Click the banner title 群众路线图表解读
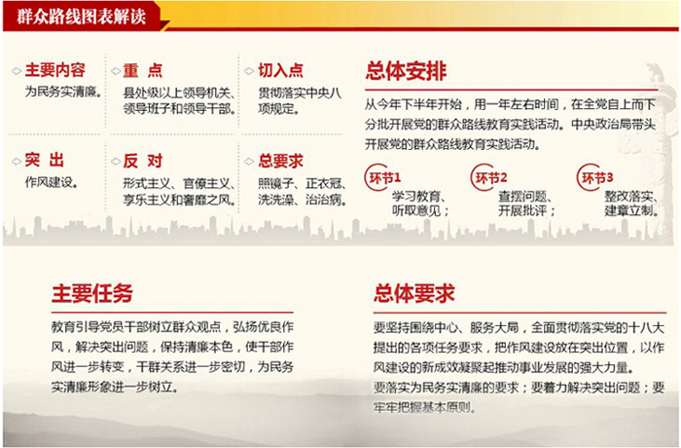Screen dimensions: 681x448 pos(81,17)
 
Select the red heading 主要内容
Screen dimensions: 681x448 pos(55,69)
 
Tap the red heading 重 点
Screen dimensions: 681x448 pos(142,70)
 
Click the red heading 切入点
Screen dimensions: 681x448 pos(281,70)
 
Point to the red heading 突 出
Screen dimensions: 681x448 pos(45,160)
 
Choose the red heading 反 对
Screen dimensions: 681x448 pos(142,161)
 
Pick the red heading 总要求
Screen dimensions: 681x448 pos(281,161)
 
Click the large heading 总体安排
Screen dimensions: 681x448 pos(406,71)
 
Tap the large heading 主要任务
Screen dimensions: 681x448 pos(92,293)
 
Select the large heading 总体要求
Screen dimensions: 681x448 pos(413,293)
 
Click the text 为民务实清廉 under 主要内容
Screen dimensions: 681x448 pos(61,92)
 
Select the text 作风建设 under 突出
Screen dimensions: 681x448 pos(49,182)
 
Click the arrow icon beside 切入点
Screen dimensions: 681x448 pos(249,71)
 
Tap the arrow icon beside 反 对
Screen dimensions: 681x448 pos(116,162)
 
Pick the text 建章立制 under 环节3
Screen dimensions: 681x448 pos(628,211)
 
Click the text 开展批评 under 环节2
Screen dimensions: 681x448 pos(522,211)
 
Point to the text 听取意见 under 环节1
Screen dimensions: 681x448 pos(416,211)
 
